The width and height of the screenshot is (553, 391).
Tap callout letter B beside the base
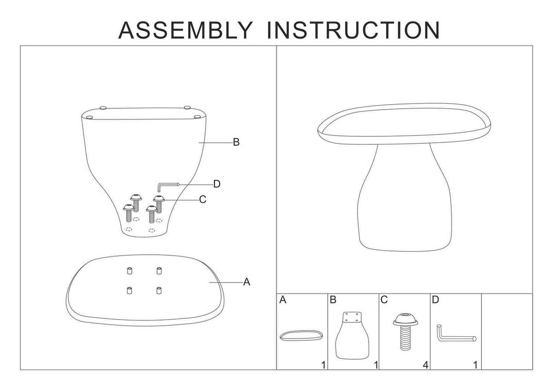[x=236, y=142]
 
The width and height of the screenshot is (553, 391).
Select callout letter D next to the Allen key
[x=217, y=184]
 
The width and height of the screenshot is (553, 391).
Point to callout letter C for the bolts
[x=202, y=200]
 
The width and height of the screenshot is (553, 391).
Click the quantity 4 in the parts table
[x=425, y=365]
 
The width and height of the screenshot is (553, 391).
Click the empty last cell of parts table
[x=507, y=332]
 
